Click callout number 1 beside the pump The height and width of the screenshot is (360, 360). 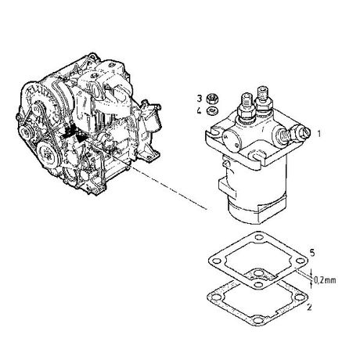click(319, 134)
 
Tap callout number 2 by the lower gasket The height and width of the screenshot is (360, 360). click(309, 307)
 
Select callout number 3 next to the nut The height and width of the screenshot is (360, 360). click(200, 99)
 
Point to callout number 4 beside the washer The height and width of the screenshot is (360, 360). click(200, 110)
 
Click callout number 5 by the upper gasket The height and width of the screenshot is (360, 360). click(312, 253)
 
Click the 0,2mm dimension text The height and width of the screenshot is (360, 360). click(325, 280)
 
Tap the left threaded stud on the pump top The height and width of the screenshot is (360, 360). click(247, 104)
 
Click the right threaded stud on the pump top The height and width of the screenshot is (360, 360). click(262, 98)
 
